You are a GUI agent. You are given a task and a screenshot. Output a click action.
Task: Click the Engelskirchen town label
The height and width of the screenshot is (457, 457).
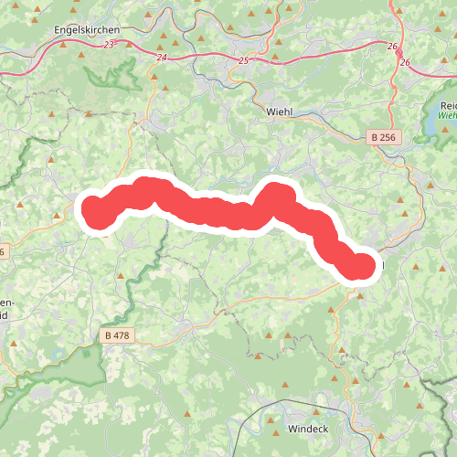coord(88,29)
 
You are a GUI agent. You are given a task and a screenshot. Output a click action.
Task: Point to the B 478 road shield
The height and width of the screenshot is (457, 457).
coord(117,335)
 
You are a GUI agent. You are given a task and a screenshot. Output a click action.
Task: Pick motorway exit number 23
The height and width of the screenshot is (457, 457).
coord(110,44)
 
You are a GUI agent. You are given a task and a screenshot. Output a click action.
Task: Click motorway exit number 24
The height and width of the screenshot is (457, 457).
coord(163,58)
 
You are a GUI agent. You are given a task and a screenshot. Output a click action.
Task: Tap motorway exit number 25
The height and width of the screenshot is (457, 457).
coord(242,60)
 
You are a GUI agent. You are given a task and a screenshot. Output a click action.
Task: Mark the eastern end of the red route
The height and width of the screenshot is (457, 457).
coord(362,266)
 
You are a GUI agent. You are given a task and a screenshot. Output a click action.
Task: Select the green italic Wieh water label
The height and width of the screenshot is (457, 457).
coord(447,116)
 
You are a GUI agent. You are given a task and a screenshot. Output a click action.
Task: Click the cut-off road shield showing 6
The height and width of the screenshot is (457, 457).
coord(3,251)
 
